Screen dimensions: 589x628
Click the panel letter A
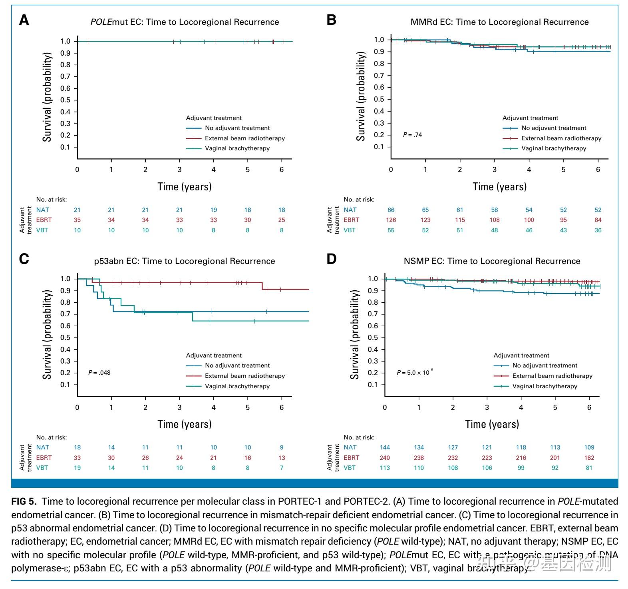click(24, 20)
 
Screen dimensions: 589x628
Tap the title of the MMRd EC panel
click(499, 22)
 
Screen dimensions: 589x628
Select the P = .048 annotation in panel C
click(99, 373)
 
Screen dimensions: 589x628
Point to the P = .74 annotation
click(412, 135)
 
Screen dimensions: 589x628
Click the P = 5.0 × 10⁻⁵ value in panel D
click(415, 373)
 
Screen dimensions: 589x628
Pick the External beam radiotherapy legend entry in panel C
click(244, 376)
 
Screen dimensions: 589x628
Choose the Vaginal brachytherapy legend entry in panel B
click(553, 148)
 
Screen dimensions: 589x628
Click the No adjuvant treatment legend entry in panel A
click(237, 128)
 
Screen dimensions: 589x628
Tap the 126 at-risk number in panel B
click(391, 220)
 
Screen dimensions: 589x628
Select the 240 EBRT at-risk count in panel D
click(385, 458)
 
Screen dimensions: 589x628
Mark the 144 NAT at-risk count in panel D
click(385, 447)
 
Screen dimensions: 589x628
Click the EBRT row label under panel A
click(44, 220)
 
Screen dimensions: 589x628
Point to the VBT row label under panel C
click(42, 468)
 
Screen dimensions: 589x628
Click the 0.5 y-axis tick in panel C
click(65, 337)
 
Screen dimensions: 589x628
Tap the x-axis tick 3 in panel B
click(494, 170)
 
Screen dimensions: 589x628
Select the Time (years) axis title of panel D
click(492, 424)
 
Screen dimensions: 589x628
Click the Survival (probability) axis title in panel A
click(48, 97)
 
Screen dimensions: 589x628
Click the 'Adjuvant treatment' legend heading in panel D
click(521, 355)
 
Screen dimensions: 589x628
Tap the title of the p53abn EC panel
click(184, 262)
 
